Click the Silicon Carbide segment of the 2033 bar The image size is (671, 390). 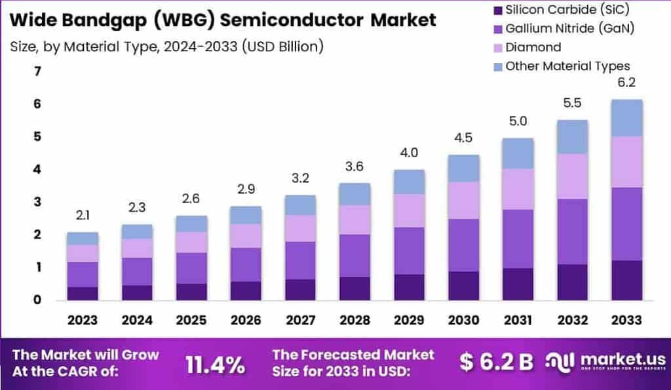pyautogui.click(x=626, y=280)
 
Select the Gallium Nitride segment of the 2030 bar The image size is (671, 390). pyautogui.click(x=463, y=244)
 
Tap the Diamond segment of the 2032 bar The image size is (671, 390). pyautogui.click(x=571, y=176)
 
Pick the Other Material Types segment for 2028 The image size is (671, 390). pyautogui.click(x=354, y=193)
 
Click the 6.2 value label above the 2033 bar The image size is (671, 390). pyautogui.click(x=626, y=83)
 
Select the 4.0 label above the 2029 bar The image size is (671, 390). pyautogui.click(x=408, y=153)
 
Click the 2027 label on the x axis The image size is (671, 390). pyautogui.click(x=299, y=320)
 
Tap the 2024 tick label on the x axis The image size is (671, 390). pyautogui.click(x=137, y=320)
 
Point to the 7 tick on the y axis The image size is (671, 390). pyautogui.click(x=37, y=71)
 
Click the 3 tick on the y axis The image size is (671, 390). pyautogui.click(x=37, y=202)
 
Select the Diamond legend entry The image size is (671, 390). pyautogui.click(x=533, y=47)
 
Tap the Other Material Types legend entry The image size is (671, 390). pyautogui.click(x=567, y=66)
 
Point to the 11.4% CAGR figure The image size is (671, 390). pyautogui.click(x=216, y=364)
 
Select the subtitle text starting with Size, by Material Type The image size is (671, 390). pyautogui.click(x=166, y=47)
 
